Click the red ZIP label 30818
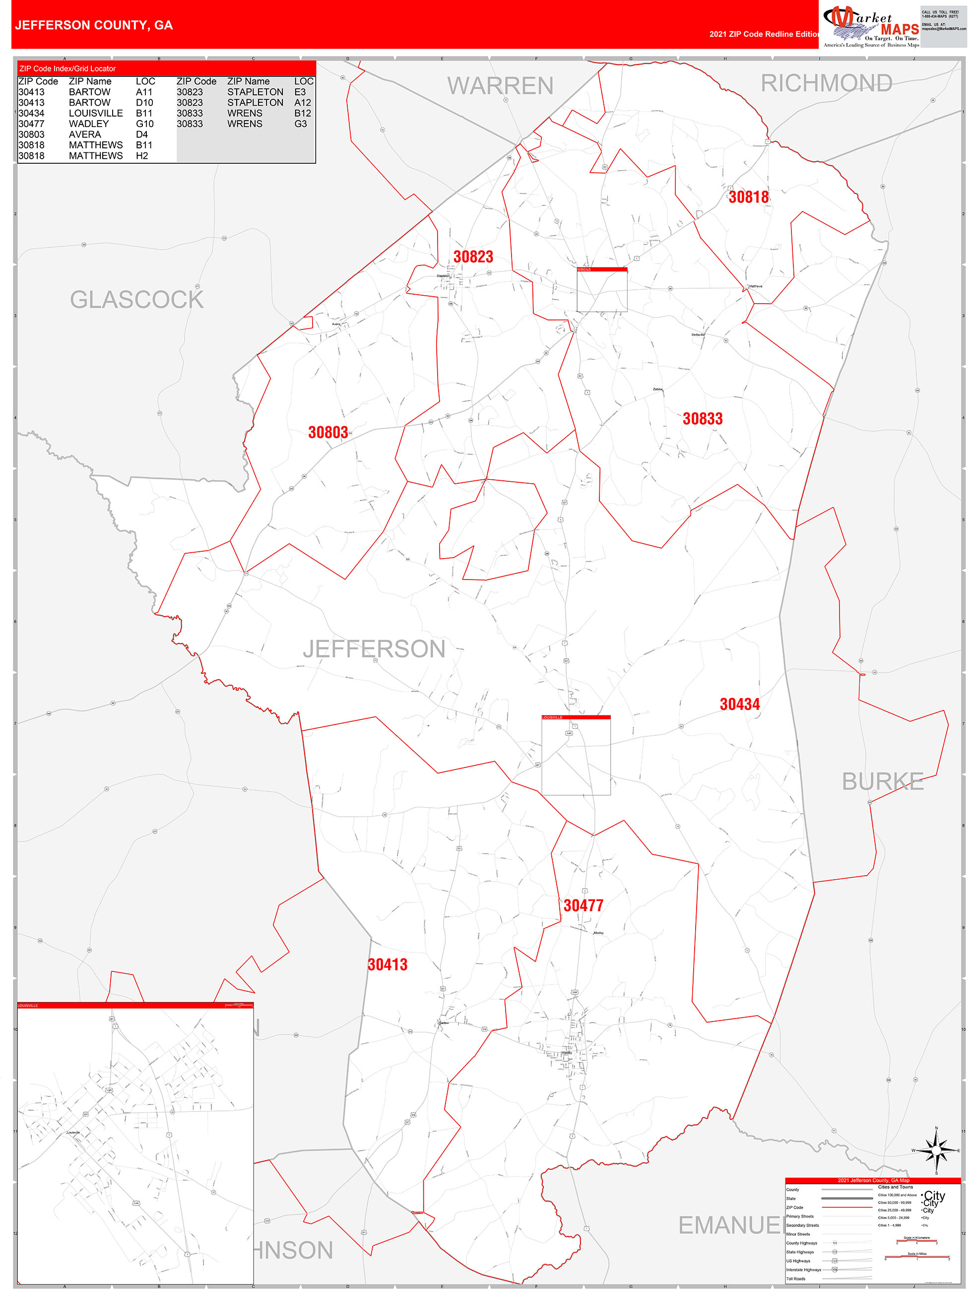(748, 197)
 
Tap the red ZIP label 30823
(473, 257)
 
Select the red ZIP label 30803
(328, 432)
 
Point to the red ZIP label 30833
(702, 419)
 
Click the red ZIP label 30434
(739, 704)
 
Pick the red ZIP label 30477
(583, 905)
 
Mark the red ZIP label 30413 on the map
(388, 964)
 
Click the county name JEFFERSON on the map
(374, 649)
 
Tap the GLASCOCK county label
(136, 300)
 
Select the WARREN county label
(500, 86)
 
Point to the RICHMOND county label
(826, 83)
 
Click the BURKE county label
(882, 781)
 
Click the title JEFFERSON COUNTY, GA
(94, 25)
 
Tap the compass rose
(936, 1150)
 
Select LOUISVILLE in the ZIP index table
(96, 113)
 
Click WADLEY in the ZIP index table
(89, 124)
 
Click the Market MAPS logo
(870, 26)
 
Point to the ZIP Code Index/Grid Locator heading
(67, 69)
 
